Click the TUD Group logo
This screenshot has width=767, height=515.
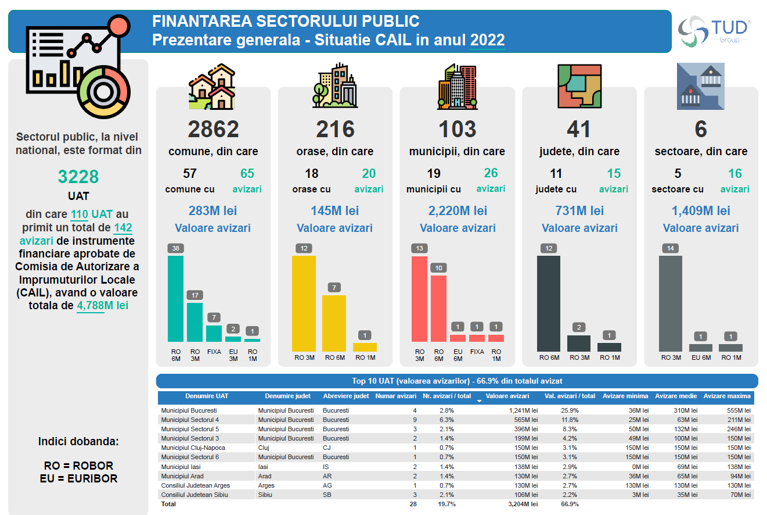[715, 30]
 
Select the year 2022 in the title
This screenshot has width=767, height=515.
[487, 40]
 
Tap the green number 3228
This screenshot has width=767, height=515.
[78, 177]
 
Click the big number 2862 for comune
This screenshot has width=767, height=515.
[213, 129]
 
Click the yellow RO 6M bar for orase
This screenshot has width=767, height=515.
[334, 323]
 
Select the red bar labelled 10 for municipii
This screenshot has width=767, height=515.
[439, 308]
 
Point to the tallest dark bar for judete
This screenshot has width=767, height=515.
[549, 303]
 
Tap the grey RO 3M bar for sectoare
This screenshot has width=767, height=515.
[671, 303]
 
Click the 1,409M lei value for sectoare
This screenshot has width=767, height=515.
[701, 210]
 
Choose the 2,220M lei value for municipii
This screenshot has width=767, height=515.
[458, 210]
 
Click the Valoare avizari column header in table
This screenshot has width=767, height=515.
[507, 396]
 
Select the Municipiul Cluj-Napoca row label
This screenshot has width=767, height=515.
[193, 448]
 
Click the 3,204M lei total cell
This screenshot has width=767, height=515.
[522, 504]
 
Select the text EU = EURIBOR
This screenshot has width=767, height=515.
[78, 478]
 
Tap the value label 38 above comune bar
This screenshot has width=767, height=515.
[175, 248]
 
